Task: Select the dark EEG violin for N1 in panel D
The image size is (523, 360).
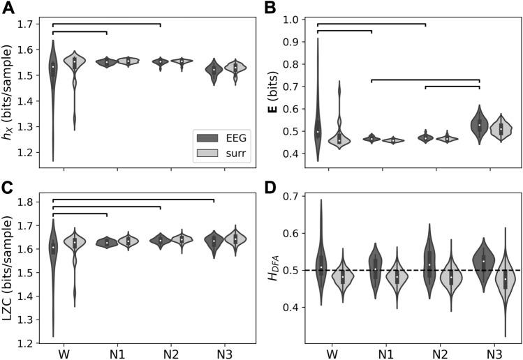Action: (374, 269)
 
